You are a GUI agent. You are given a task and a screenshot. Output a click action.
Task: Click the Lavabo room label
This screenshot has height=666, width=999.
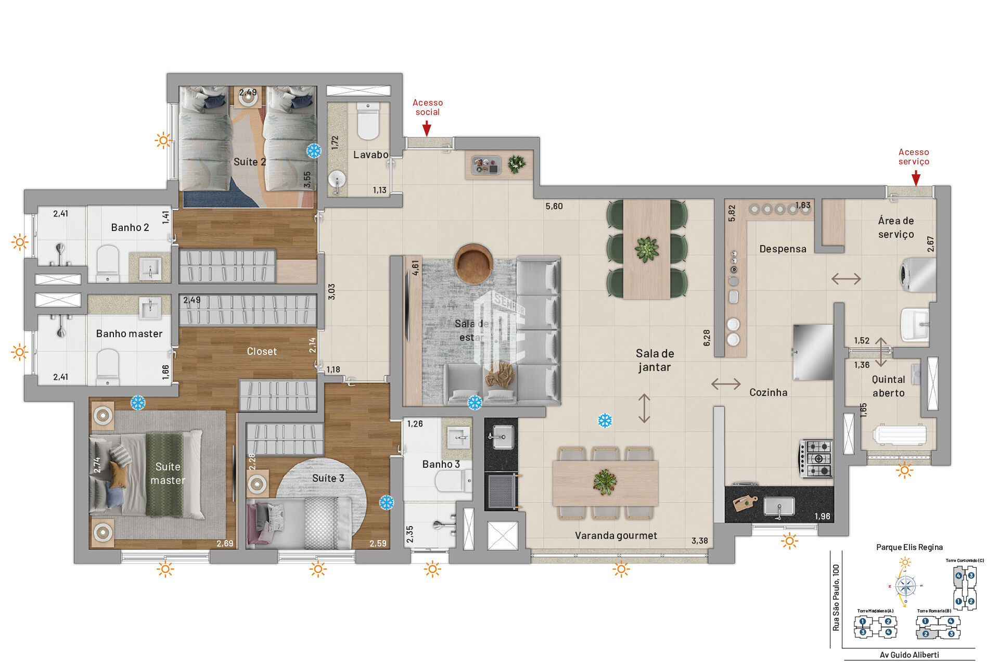coord(370,155)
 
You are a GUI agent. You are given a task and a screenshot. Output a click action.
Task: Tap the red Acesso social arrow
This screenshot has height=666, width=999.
coord(427,129)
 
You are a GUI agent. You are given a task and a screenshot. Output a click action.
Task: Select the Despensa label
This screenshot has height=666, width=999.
coord(783,249)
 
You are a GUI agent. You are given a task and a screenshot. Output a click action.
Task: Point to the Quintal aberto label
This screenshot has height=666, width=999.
coord(888,386)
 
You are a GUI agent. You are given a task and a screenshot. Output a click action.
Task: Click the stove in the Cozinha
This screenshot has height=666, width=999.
coord(816,458)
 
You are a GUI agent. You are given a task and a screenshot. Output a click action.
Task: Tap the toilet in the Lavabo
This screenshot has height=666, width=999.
coord(368,122)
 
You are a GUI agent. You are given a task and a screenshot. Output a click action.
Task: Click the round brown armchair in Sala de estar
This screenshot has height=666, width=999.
coord(473,263)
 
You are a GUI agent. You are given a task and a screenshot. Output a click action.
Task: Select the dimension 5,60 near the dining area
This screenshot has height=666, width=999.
coord(554,206)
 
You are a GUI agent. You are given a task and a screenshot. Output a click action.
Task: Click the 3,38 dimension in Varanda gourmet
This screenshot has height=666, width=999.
coord(699,541)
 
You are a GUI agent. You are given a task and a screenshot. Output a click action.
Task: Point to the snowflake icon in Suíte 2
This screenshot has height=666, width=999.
coord(314,151)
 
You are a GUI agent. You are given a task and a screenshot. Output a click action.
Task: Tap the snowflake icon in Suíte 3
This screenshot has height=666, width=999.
coord(386,502)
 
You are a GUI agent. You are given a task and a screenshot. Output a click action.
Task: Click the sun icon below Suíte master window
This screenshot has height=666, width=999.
coord(165,569)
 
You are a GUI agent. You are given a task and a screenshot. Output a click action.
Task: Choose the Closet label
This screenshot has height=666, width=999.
coord(261,351)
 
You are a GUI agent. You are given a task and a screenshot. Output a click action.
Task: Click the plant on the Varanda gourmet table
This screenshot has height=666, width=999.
coord(605,481)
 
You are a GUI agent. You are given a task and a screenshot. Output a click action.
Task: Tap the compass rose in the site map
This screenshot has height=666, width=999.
coord(906,586)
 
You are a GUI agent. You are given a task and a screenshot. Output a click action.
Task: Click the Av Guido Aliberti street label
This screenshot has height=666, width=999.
coord(909,655)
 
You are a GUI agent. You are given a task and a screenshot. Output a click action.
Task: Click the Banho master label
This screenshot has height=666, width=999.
coord(129,334)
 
